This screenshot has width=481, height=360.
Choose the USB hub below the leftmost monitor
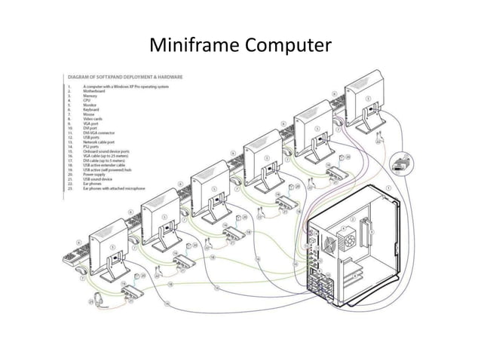131,289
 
